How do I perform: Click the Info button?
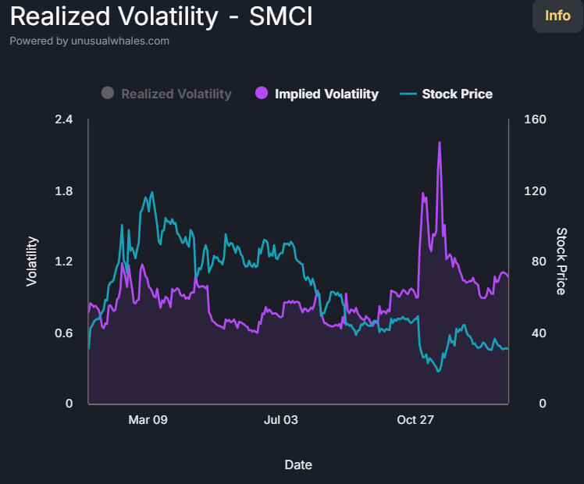click(x=557, y=16)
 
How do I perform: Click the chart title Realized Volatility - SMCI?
click(x=161, y=16)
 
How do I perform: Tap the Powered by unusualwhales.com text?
click(x=89, y=41)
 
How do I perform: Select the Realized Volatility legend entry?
click(x=176, y=94)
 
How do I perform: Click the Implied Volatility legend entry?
click(x=326, y=94)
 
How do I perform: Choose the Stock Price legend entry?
click(x=457, y=94)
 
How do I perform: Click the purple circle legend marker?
click(x=262, y=94)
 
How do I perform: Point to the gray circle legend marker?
click(x=108, y=94)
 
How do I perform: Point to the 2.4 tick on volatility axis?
click(x=64, y=119)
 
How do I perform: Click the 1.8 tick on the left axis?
click(x=64, y=191)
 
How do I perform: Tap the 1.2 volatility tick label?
click(x=64, y=262)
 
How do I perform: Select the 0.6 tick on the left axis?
click(x=64, y=333)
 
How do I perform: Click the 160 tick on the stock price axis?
click(x=536, y=119)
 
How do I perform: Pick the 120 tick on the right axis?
click(x=536, y=191)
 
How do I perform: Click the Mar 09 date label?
click(x=148, y=420)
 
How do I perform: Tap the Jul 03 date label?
click(x=280, y=420)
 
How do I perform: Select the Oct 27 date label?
click(x=415, y=420)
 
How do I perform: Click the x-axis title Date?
click(x=298, y=464)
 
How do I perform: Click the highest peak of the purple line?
click(x=440, y=143)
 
